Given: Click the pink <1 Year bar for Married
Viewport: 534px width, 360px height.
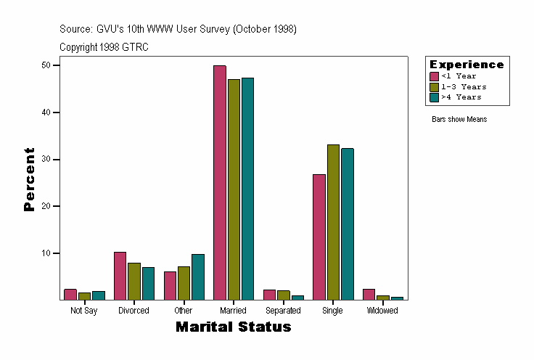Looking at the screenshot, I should [220, 182].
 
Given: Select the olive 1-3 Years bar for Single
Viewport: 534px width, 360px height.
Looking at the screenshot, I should [333, 222].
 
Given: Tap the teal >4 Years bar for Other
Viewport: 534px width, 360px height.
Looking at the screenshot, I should [198, 277].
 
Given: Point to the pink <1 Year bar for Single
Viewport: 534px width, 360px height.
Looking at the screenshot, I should [319, 237].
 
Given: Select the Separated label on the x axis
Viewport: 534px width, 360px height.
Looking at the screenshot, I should [283, 311].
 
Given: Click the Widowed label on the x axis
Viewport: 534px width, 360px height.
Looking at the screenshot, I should [382, 311].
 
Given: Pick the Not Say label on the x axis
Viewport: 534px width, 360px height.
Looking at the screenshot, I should [84, 311].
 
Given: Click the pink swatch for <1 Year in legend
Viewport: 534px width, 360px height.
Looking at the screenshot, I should [434, 76].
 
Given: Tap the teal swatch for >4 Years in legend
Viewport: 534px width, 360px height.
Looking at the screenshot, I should [434, 97].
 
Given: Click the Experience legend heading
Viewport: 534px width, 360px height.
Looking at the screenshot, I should [467, 65].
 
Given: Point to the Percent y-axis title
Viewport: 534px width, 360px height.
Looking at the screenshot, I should [30, 179].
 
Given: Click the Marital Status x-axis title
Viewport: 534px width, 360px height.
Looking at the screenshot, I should [233, 327].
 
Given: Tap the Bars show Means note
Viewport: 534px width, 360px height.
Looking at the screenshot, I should [459, 119].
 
